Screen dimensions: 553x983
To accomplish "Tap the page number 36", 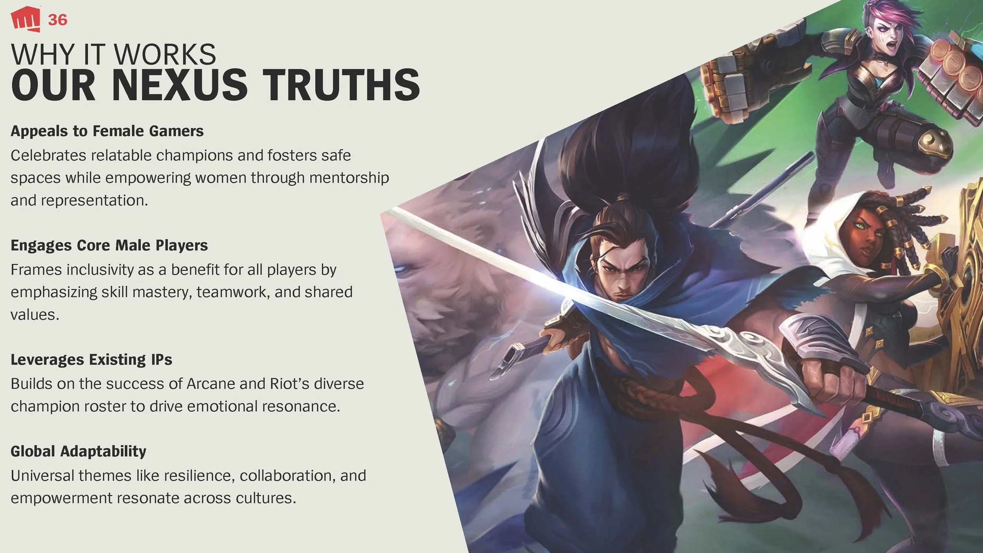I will (x=57, y=20).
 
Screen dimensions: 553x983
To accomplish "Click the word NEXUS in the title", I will (x=180, y=85).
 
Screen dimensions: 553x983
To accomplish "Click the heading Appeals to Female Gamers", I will (x=107, y=131).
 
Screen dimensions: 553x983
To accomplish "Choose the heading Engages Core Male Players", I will (x=109, y=245).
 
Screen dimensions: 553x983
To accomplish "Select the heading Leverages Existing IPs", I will (x=91, y=359).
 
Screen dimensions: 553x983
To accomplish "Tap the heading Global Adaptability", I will (x=78, y=451).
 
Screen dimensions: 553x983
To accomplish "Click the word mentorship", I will (x=349, y=178).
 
